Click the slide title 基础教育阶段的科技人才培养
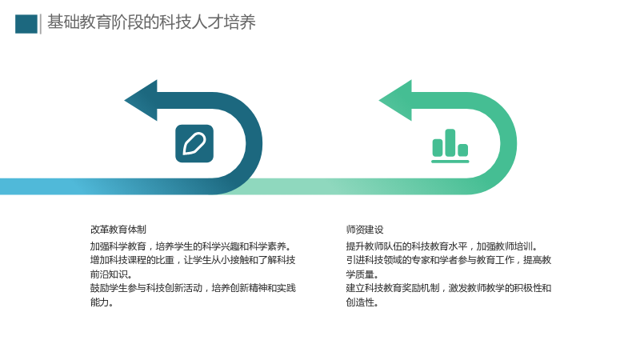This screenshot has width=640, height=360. (x=151, y=22)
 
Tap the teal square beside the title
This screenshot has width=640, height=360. (x=26, y=24)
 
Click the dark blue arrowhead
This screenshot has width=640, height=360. (x=142, y=101)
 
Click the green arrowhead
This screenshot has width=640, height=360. (x=396, y=101)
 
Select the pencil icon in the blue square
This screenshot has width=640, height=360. (x=194, y=144)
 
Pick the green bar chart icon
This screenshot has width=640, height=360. (x=450, y=146)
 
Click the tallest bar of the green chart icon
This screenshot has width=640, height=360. (x=450, y=143)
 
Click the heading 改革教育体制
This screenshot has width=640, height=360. (x=118, y=230)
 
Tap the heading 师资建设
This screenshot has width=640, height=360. (x=365, y=230)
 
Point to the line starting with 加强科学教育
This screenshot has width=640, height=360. (x=190, y=246)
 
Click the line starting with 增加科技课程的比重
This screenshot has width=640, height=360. (x=193, y=260)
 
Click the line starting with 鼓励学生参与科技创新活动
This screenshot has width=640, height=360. (x=193, y=288)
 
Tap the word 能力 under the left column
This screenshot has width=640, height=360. (x=102, y=302)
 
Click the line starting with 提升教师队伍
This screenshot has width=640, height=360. (x=442, y=246)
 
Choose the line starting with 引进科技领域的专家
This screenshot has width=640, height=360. (x=449, y=260)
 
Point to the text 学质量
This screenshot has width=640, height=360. (x=362, y=274)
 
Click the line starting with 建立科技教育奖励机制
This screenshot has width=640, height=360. (x=449, y=288)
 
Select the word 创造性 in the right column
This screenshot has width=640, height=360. (x=362, y=302)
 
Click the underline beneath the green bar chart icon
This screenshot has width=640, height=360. (x=450, y=162)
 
